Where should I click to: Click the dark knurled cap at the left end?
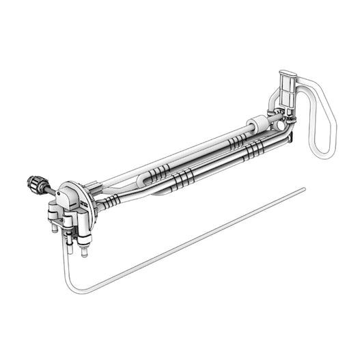tap(35, 182)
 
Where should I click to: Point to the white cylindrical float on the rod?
tap(257, 125)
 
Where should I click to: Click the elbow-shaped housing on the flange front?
tap(68, 199)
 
